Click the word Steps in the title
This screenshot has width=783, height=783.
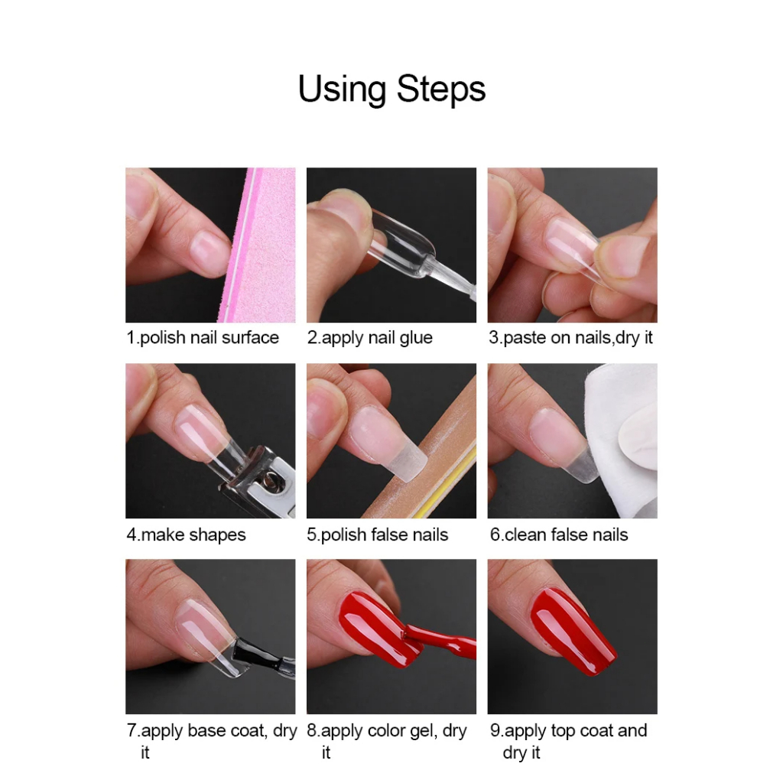click(441, 89)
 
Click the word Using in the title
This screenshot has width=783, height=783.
click(342, 90)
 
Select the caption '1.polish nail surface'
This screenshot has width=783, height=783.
click(203, 337)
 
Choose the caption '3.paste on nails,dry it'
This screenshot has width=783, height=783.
click(570, 337)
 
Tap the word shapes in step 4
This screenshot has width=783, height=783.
click(217, 535)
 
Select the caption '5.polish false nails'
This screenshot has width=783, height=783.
click(378, 534)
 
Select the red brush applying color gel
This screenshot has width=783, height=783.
click(440, 640)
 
